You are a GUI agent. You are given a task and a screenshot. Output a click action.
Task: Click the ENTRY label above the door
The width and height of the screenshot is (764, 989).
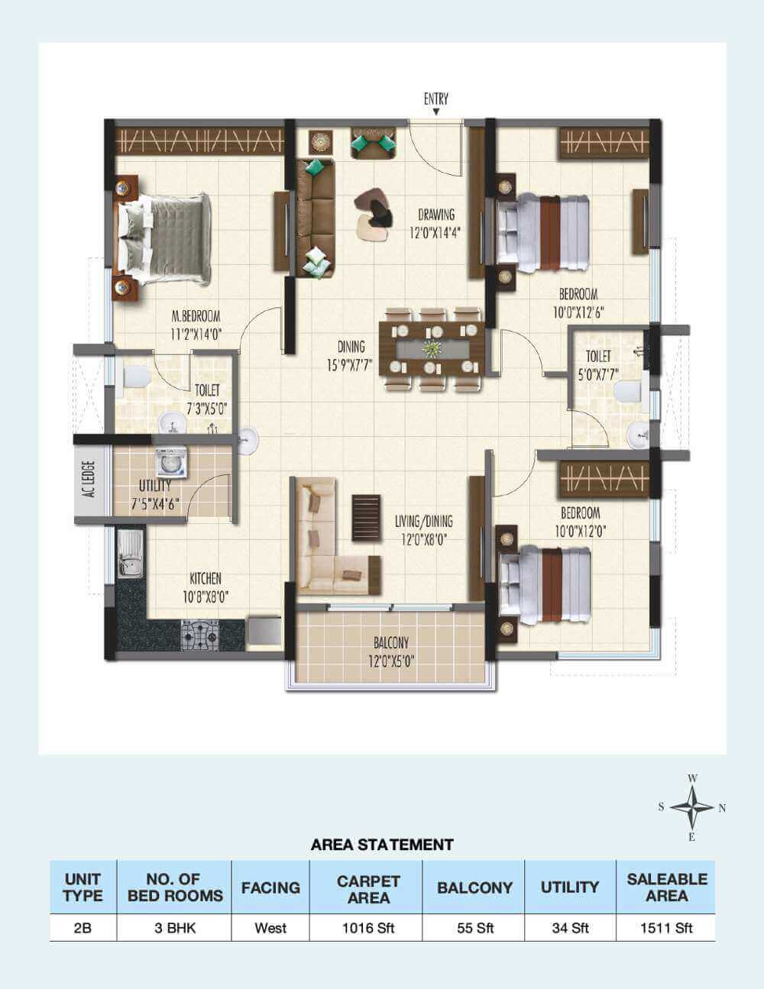436,99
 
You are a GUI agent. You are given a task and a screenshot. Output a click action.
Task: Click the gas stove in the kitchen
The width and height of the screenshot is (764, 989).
200,633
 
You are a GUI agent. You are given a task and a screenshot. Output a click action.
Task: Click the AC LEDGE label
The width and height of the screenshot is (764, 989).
89,479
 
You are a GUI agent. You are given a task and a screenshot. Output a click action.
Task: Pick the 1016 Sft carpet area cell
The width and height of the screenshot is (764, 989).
368,928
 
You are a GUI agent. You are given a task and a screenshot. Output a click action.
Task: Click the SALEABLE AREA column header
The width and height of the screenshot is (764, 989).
666,887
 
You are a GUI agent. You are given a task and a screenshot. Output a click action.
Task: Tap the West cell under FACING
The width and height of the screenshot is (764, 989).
270,928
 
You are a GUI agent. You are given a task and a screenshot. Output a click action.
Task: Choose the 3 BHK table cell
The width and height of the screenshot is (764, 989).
175,928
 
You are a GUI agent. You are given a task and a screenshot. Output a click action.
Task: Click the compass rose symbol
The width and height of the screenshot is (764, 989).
692,807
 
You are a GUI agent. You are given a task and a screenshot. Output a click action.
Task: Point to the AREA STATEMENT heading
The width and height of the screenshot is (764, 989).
382,845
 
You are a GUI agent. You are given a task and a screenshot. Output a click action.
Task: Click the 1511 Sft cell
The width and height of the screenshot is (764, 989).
666,928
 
